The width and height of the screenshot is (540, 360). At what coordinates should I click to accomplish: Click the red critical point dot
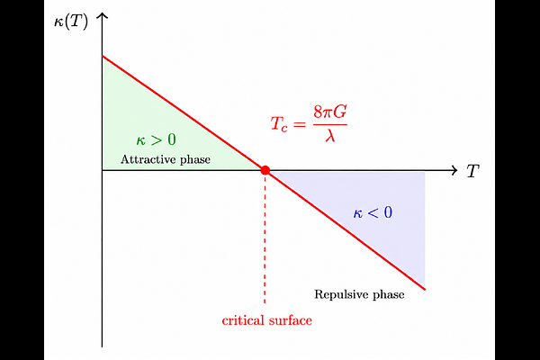(265, 170)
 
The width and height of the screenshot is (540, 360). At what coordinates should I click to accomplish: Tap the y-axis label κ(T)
(71, 22)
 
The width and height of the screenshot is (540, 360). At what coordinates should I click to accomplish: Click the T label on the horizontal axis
(472, 171)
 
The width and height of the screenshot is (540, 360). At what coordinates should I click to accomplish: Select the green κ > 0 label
(156, 139)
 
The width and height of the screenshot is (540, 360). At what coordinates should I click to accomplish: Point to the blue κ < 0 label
(373, 212)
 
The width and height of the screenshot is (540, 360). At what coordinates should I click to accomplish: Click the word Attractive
(148, 159)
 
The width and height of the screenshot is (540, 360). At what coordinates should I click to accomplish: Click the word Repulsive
(340, 294)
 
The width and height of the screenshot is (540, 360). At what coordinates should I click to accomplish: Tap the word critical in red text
(243, 320)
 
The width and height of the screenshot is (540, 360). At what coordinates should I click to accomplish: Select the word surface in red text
(291, 320)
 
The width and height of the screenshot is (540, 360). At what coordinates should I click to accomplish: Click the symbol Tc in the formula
(279, 124)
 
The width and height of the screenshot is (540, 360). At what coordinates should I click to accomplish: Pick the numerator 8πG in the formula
(330, 112)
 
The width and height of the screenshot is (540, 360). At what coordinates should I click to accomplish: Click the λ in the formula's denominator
(330, 135)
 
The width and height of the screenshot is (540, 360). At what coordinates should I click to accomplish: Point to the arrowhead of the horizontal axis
(454, 170)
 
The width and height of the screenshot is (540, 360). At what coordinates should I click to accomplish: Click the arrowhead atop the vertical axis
(102, 15)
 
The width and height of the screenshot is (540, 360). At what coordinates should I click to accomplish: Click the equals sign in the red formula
(300, 124)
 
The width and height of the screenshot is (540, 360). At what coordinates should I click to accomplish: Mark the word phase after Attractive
(195, 160)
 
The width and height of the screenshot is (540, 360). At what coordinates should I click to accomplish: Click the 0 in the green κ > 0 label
(172, 139)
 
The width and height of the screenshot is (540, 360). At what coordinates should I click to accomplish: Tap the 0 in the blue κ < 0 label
(388, 212)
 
